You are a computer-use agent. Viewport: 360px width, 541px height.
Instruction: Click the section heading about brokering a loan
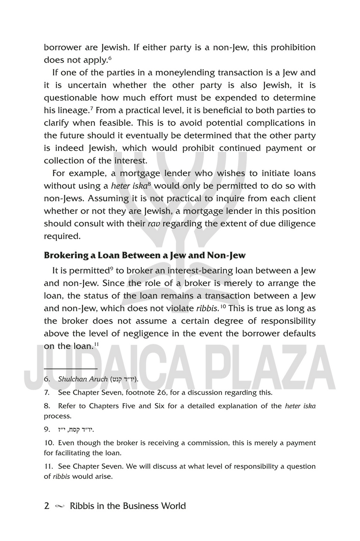coord(144,255)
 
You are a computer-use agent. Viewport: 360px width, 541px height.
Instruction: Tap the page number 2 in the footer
coord(47,506)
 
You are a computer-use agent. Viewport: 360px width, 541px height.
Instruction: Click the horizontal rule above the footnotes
coord(71,369)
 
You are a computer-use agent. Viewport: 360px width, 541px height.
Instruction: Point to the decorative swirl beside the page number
coord(59,506)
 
